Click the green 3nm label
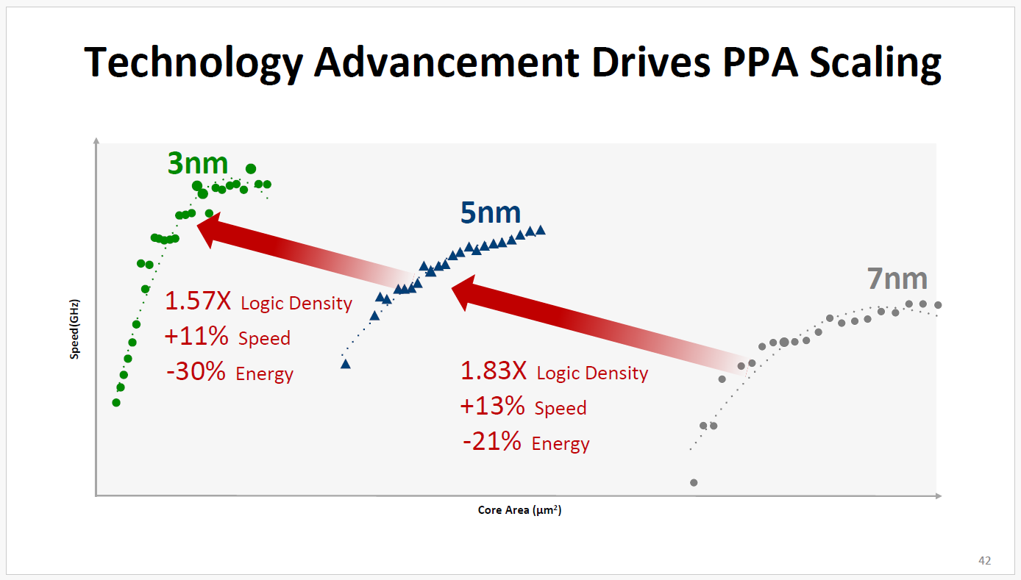pos(198,163)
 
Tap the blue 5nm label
pos(491,212)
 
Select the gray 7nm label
pos(897,279)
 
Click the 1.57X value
pos(198,301)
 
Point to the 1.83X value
pos(494,371)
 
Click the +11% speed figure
pos(196,337)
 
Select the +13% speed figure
pos(492,407)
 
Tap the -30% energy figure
pos(196,372)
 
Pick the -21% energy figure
pos(492,442)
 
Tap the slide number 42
pos(984,561)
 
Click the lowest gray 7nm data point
pos(694,482)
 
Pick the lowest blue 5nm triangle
pos(346,364)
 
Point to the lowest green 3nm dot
pos(116,402)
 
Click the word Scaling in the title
pos(875,62)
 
